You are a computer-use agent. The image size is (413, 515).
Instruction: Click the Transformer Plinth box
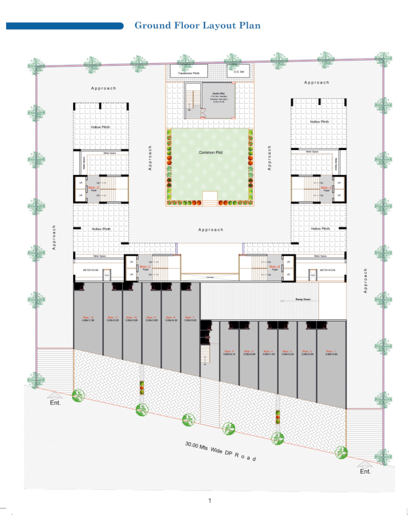click(189, 71)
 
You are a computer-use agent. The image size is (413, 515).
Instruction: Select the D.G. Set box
click(239, 71)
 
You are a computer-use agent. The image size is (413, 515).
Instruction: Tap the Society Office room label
click(219, 93)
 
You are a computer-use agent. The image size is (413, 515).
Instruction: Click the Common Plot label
click(211, 152)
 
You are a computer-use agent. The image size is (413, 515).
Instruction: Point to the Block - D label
click(94, 187)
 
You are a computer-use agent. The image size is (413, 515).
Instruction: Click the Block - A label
click(326, 187)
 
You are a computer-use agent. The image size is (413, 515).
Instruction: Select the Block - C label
click(145, 267)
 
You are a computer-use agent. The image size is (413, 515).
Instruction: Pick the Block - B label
click(274, 267)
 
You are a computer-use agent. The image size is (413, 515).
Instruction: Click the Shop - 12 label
click(88, 318)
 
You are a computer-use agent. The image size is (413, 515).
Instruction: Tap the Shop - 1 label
click(331, 351)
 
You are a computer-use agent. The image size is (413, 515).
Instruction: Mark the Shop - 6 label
click(229, 351)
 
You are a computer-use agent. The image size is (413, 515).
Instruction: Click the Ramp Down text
click(303, 299)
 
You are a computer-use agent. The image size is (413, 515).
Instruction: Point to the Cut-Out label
click(210, 277)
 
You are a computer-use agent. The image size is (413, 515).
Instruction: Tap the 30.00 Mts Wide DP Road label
click(221, 451)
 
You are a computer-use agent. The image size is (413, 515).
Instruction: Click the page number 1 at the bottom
click(210, 501)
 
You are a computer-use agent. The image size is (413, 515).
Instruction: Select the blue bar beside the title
click(65, 26)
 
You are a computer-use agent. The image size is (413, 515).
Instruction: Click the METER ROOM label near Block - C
click(91, 270)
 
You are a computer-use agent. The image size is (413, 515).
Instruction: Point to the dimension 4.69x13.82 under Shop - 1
click(331, 354)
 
